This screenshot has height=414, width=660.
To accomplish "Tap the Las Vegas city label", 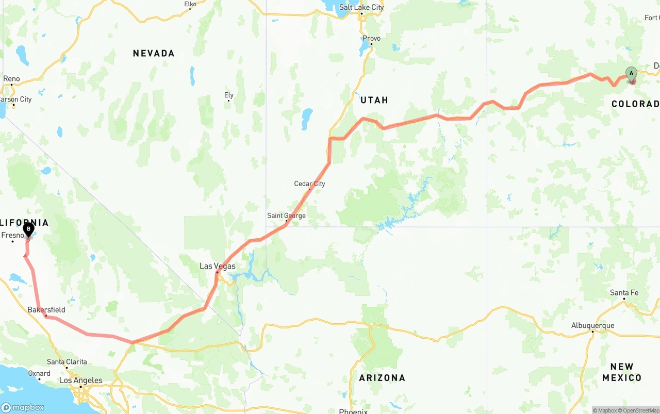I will click(x=218, y=266).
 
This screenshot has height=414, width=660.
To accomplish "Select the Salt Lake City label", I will click(x=361, y=7).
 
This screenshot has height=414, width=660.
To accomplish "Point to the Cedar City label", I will click(x=309, y=184).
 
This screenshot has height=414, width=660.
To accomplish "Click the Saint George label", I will click(x=286, y=216).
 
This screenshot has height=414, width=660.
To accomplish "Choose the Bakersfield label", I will click(x=46, y=310).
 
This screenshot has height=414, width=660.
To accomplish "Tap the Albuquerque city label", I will click(x=592, y=325).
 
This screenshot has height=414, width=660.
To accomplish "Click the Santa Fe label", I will click(x=624, y=293).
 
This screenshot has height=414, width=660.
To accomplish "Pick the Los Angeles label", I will click(x=81, y=380).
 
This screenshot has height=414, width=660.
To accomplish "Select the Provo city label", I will click(x=371, y=38).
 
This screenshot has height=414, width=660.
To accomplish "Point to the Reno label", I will click(x=11, y=79).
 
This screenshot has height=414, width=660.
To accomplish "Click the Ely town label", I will click(x=229, y=95).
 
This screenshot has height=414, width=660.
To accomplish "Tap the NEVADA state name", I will click(x=154, y=53).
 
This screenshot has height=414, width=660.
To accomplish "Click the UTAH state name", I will click(x=374, y=100).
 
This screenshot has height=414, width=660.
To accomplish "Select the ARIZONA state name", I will click(x=383, y=378).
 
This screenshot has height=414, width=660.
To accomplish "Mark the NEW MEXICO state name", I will click(x=622, y=372).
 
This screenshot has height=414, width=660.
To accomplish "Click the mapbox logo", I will click(x=23, y=407).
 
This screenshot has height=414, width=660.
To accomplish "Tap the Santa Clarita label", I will click(x=67, y=362).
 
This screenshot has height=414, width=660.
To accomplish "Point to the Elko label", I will click(x=190, y=4).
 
